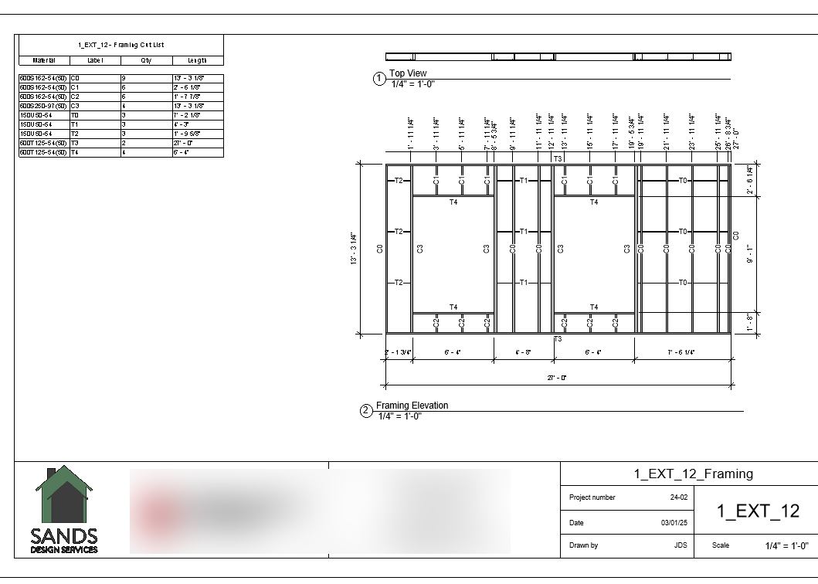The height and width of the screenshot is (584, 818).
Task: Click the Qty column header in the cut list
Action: click(146, 60)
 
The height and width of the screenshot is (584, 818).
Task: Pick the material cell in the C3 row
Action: click(43, 106)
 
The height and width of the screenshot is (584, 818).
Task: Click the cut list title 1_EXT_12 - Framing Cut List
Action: click(120, 46)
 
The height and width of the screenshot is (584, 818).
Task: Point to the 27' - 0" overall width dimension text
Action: click(558, 378)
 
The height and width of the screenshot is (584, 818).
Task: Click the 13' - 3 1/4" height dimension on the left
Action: click(353, 249)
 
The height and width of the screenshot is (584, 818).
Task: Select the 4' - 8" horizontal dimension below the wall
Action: click(523, 352)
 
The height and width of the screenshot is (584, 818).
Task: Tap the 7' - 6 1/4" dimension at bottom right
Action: click(681, 352)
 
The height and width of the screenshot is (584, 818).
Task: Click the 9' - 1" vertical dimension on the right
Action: click(749, 254)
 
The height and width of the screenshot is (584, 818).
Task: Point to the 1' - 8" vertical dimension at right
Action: click(749, 324)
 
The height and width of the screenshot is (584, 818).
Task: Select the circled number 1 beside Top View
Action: click(379, 79)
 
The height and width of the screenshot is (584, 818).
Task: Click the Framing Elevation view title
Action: click(412, 406)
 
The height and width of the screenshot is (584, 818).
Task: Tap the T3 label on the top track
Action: click(558, 158)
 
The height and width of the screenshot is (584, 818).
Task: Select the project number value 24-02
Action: click(679, 497)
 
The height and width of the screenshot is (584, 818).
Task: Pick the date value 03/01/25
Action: click(674, 523)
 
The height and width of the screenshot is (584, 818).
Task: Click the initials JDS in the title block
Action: click(680, 545)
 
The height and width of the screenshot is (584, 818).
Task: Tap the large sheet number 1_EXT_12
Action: click(758, 511)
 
